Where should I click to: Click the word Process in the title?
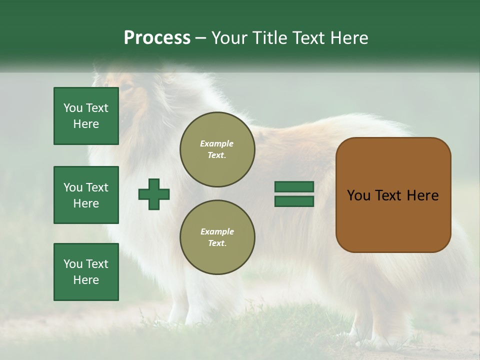coord(157,38)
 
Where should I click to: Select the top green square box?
coord(86,116)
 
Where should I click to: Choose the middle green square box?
coord(86,195)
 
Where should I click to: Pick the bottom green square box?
coord(86,271)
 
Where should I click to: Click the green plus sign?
coord(154,194)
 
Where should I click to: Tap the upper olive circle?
coord(217,149)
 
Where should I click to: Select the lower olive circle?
coord(217,237)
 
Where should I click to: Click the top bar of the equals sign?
coord(294,186)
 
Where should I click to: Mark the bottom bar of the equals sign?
coord(294,201)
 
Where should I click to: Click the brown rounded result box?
coord(393,195)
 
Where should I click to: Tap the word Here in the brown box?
coord(422,195)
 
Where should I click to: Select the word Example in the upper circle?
coord(217,143)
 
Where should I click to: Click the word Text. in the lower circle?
coord(217,243)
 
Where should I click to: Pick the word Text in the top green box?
coord(97,108)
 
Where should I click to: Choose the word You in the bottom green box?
coord(73,264)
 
